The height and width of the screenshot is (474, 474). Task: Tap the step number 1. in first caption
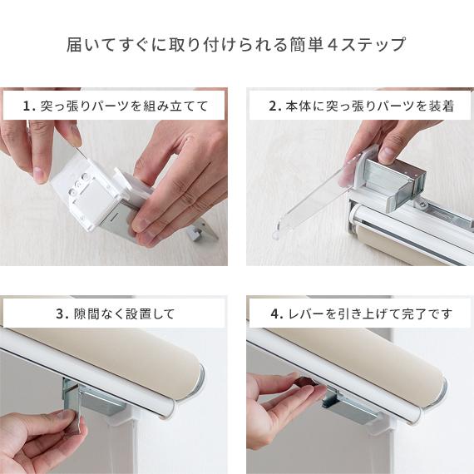pyautogui.click(x=29, y=106)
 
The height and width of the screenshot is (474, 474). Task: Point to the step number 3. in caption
pyautogui.click(x=62, y=314)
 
